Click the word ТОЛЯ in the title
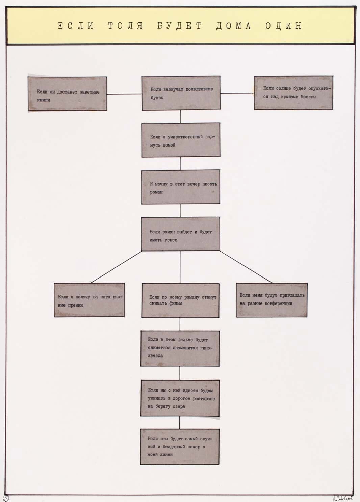(x=125, y=26)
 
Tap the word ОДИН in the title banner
(x=284, y=26)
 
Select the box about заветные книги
(x=67, y=94)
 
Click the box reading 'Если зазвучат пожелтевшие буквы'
(x=181, y=93)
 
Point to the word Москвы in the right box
(x=308, y=97)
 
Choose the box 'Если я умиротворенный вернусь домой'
(x=181, y=140)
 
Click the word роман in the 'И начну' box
(x=156, y=192)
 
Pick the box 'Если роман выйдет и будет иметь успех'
(x=181, y=234)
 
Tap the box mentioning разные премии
(x=89, y=300)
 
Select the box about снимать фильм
(x=180, y=300)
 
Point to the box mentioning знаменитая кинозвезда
(x=180, y=349)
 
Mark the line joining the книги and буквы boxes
(x=124, y=94)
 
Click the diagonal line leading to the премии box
(x=116, y=267)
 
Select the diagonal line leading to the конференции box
(x=246, y=267)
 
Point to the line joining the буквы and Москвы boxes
(x=237, y=93)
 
